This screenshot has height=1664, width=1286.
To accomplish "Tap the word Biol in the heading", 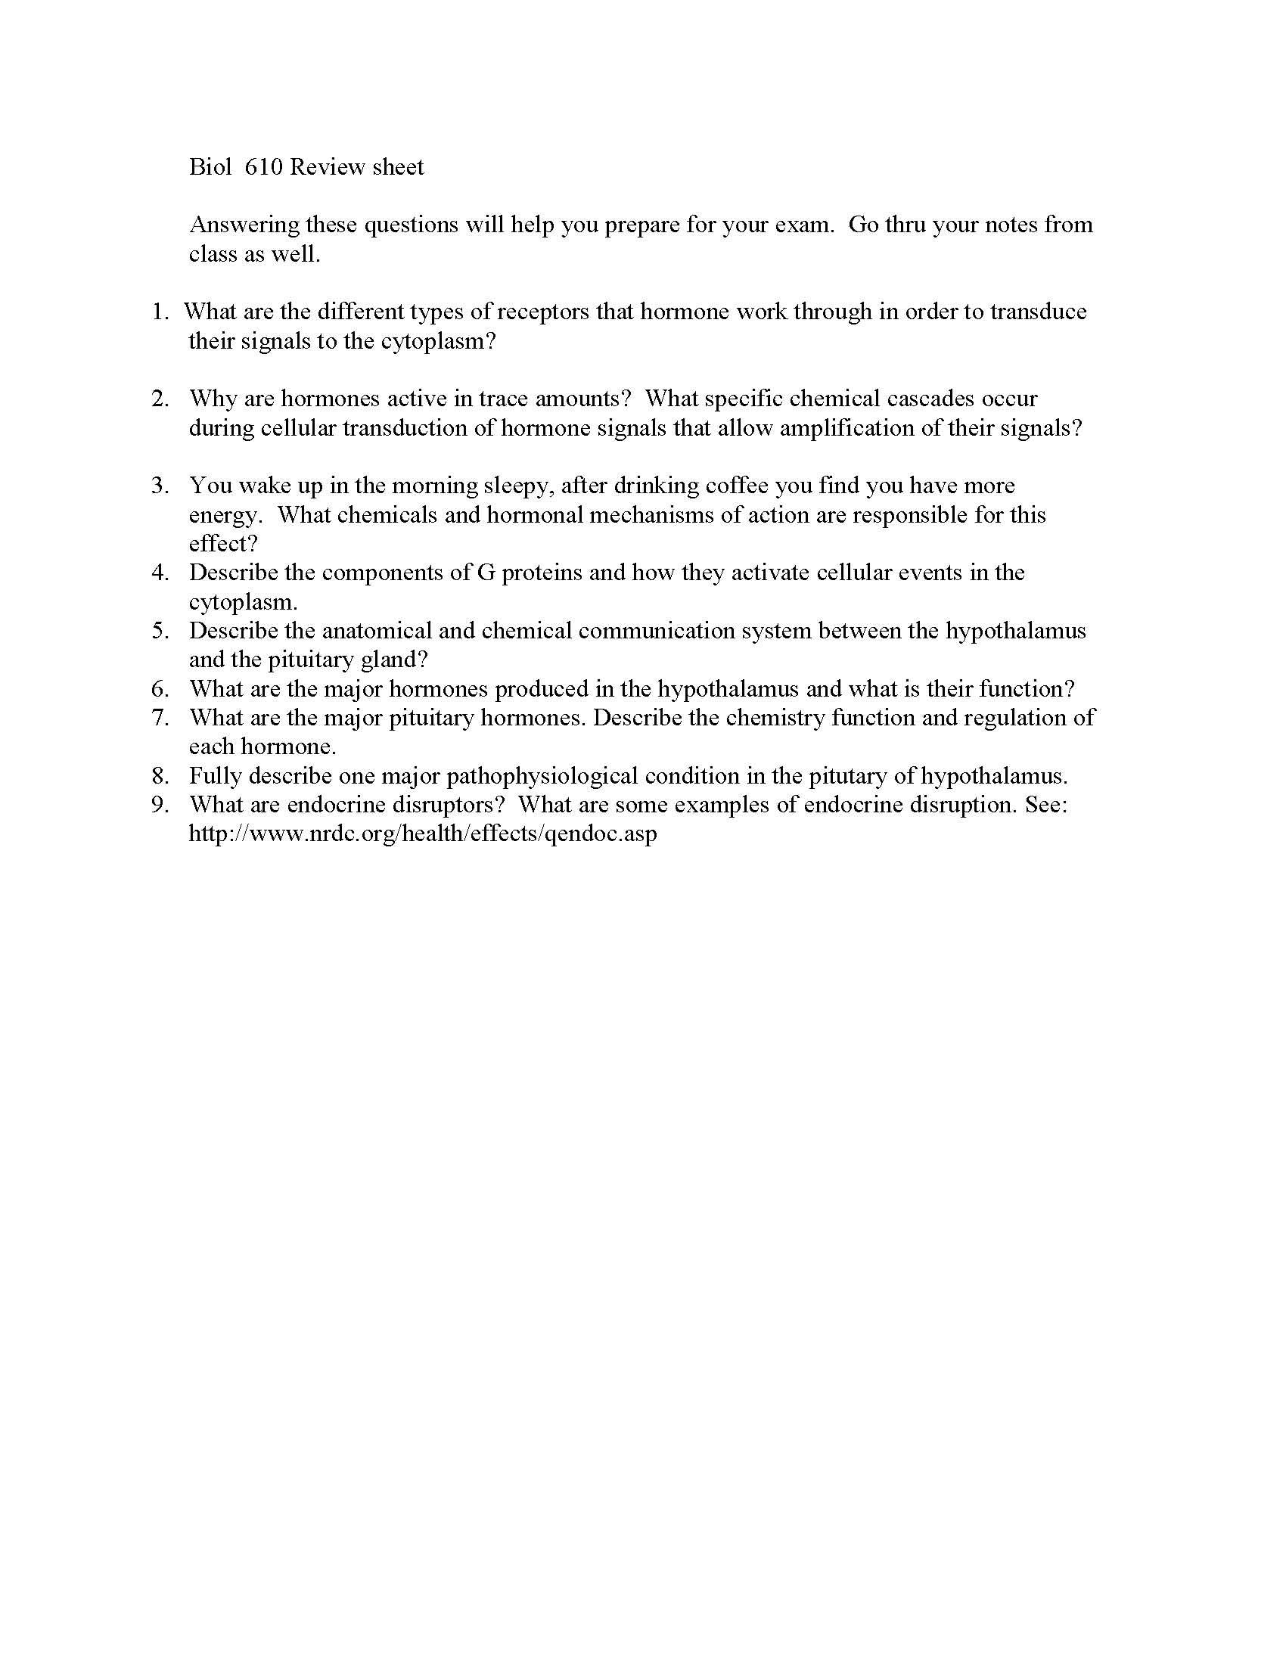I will tap(210, 167).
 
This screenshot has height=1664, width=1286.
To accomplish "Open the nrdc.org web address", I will tap(423, 834).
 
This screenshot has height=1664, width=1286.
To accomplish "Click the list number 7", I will tap(159, 718).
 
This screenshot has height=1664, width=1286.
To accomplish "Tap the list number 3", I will tap(159, 486).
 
